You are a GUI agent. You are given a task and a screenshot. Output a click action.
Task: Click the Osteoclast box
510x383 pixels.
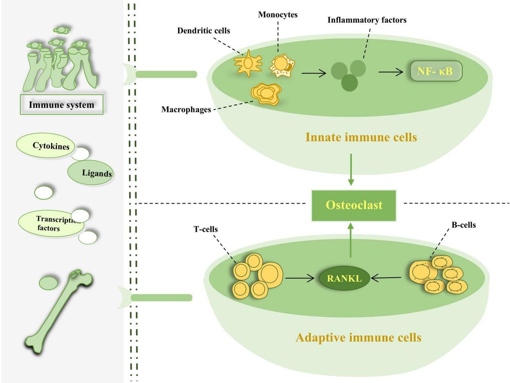[x=354, y=205]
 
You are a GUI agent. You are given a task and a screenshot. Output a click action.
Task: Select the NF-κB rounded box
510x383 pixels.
[x=436, y=72]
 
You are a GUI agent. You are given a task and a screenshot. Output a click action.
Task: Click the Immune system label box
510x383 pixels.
[x=61, y=105]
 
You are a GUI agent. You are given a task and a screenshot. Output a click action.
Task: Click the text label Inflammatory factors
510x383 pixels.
[x=367, y=20]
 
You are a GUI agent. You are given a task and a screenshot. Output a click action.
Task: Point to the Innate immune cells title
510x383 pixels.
[x=361, y=138]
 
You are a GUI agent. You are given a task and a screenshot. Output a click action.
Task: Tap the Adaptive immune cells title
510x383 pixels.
[x=358, y=337]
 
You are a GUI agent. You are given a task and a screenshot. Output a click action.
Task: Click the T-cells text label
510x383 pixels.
[x=205, y=229]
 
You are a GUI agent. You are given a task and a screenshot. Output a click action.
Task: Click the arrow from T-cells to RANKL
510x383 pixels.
[x=300, y=279]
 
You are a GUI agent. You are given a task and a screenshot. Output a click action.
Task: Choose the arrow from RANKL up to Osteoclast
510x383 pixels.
[x=351, y=240]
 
